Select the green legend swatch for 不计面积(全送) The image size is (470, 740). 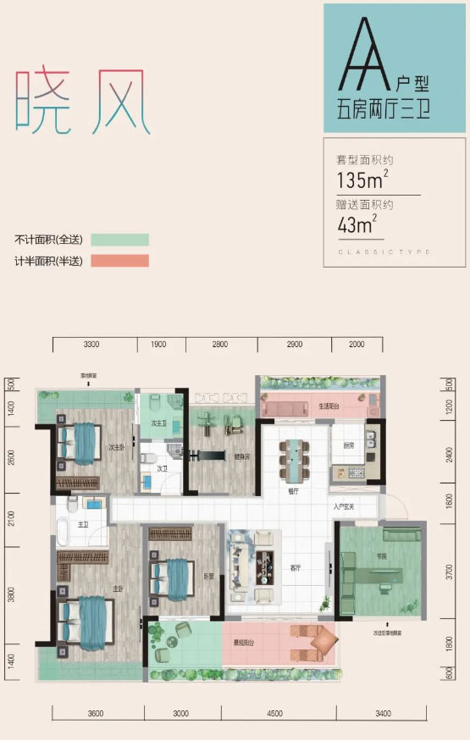[119, 240]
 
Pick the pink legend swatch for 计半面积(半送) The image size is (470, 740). [119, 261]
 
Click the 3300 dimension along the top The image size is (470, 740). [92, 344]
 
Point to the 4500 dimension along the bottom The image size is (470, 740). [274, 713]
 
